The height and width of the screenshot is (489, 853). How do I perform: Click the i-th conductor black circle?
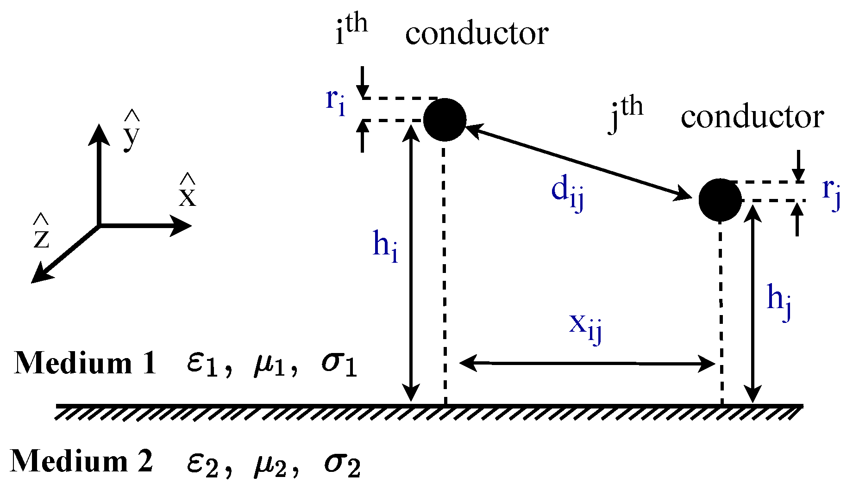(x=445, y=119)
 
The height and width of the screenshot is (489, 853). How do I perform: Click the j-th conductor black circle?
(x=720, y=200)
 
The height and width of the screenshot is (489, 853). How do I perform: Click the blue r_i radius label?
(x=335, y=102)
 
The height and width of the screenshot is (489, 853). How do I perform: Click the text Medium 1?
(x=85, y=363)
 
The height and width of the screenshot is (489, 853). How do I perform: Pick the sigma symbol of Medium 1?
(x=339, y=364)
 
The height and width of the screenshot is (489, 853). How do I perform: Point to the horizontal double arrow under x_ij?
(x=587, y=363)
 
